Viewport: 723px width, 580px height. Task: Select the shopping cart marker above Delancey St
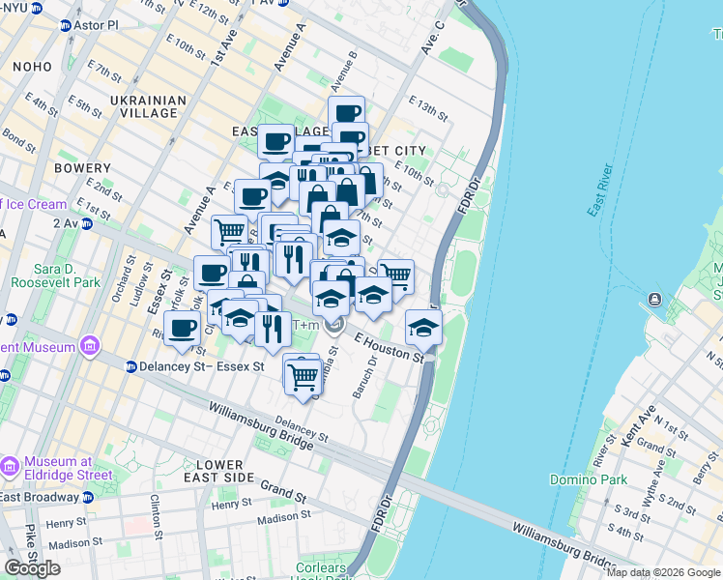coord(304,375)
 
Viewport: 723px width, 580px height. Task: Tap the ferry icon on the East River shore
coord(656,299)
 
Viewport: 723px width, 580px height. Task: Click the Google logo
coord(32,568)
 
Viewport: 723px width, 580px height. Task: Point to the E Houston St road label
coord(390,348)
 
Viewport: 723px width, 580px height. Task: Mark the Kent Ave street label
coord(647,426)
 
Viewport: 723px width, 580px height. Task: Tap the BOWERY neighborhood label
coord(82,168)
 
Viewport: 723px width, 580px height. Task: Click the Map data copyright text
coord(663,572)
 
